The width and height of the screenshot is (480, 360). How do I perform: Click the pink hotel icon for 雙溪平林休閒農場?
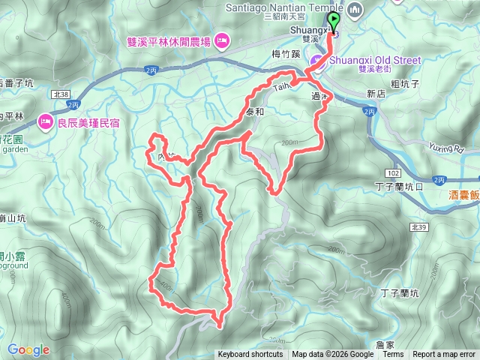point(222,39)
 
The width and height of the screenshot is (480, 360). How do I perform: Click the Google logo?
point(28,349)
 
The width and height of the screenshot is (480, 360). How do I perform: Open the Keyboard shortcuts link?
point(250,355)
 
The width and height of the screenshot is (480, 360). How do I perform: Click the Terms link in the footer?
point(393,355)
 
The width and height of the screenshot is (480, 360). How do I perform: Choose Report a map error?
point(445,355)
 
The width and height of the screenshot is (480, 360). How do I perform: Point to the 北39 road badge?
point(417,204)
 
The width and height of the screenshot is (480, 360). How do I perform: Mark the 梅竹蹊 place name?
point(285,53)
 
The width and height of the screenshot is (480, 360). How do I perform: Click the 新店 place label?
point(376,94)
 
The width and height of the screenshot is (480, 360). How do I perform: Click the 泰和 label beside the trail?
point(255,111)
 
